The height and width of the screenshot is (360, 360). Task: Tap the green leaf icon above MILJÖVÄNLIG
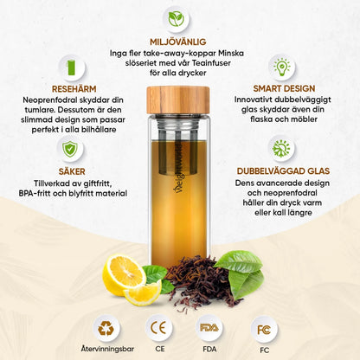[177, 17]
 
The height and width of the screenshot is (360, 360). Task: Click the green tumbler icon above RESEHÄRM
[71, 65]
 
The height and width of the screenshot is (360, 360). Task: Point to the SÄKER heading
[70, 170]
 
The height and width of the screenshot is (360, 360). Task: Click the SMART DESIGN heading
[283, 89]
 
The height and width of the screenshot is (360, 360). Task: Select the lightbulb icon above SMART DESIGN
[283, 66]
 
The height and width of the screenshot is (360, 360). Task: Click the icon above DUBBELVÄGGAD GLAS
[281, 148]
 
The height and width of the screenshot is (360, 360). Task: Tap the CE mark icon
[159, 328]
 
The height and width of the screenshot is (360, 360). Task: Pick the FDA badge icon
[210, 328]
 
